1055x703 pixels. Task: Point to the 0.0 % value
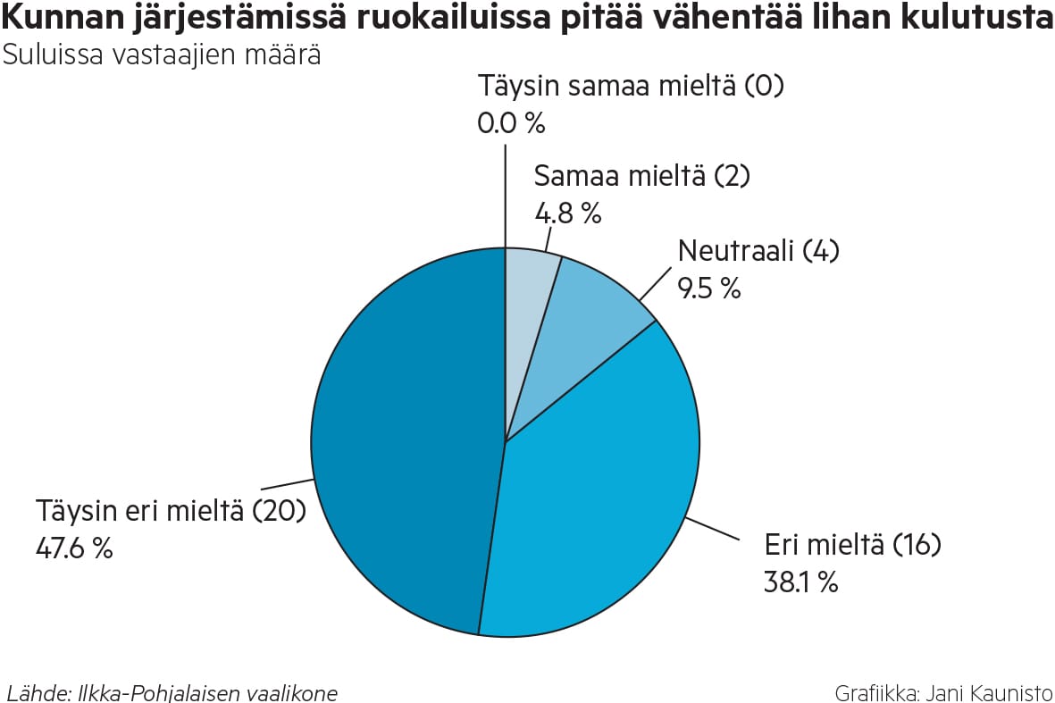point(511,123)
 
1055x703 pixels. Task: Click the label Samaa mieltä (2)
point(641,176)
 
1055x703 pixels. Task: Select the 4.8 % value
point(567,213)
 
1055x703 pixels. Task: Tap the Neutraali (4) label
point(758,251)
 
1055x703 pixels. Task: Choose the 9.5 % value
point(708,289)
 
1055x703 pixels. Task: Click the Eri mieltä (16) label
point(852,544)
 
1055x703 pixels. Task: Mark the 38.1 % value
point(800,582)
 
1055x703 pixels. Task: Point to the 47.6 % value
point(74,548)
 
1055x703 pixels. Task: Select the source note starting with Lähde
point(172,692)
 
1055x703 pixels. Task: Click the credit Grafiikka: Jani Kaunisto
point(943,692)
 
